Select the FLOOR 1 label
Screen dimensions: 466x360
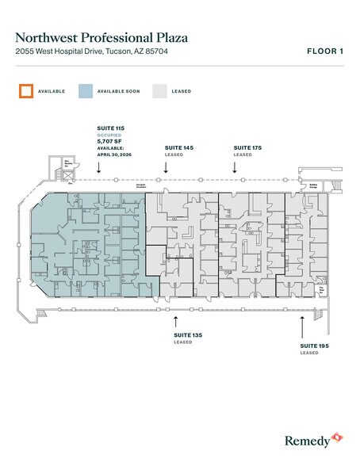pyautogui.click(x=324, y=52)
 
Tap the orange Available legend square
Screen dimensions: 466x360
pyautogui.click(x=25, y=91)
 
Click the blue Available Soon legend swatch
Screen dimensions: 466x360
pyautogui.click(x=85, y=91)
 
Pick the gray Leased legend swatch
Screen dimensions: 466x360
pyautogui.click(x=159, y=91)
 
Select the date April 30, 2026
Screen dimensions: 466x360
pyautogui.click(x=111, y=155)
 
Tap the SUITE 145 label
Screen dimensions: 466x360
pyautogui.click(x=178, y=148)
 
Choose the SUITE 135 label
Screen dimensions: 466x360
pyautogui.click(x=188, y=336)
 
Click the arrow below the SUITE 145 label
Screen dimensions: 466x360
pyautogui.click(x=178, y=166)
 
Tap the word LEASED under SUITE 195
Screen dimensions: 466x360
pyautogui.click(x=309, y=353)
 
